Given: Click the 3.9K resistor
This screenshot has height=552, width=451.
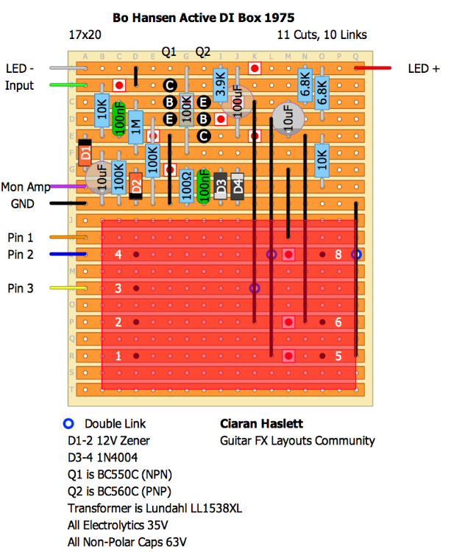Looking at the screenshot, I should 220,84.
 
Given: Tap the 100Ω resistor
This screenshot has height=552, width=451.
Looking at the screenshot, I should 186,188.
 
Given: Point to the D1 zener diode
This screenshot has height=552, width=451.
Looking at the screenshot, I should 85,153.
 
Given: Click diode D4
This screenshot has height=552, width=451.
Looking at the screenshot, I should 237,185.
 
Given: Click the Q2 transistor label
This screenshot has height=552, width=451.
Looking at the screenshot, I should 203,51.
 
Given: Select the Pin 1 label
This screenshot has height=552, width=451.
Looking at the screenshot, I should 21,238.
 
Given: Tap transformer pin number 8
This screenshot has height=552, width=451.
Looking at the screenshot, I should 338,255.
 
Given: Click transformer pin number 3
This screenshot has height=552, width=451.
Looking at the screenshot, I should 118,289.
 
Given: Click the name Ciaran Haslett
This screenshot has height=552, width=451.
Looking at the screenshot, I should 261,424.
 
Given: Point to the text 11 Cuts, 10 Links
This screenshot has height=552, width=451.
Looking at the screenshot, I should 322,35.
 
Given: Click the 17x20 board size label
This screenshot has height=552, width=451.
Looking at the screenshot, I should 85,35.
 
